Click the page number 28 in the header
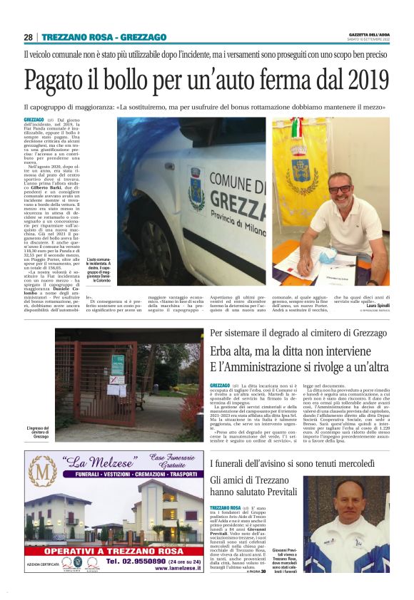29,37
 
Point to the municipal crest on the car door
195,187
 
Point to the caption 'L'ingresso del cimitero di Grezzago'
40,431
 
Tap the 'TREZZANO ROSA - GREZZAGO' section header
104,37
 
